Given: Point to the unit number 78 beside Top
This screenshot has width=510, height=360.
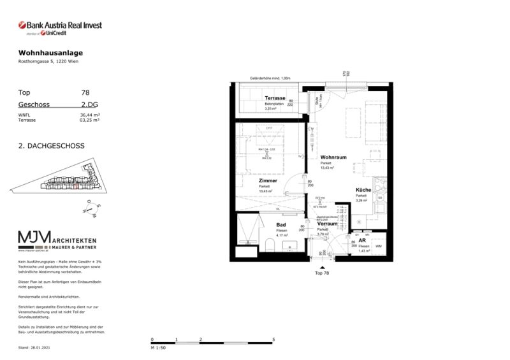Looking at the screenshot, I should [x=85, y=92].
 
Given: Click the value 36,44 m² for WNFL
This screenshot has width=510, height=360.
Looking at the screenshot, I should [x=89, y=115].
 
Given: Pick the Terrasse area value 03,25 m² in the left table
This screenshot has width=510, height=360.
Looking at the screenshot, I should [x=89, y=120].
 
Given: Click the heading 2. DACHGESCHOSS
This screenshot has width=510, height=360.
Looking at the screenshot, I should [x=52, y=145].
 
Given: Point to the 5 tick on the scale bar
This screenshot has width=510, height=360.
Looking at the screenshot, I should [x=273, y=340].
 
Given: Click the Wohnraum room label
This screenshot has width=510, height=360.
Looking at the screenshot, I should [x=333, y=157].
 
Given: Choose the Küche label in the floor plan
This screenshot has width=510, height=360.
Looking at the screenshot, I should [x=363, y=190].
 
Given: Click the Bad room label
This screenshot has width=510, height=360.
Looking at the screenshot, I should [x=280, y=225].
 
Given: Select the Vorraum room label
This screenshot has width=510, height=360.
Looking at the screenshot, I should [x=327, y=224].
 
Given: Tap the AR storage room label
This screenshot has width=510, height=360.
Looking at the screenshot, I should [x=361, y=241].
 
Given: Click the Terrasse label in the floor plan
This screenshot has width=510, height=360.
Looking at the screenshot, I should [x=275, y=98].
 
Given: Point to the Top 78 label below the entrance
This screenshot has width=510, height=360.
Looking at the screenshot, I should [x=323, y=273].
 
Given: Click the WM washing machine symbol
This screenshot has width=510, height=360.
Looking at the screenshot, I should [x=379, y=245].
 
